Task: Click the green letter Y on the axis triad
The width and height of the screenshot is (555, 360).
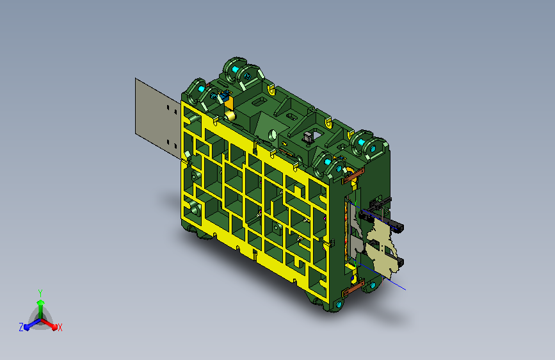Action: [x=40, y=291]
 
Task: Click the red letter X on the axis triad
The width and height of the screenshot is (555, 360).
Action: [x=60, y=327]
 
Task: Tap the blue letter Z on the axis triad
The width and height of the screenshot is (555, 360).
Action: [x=21, y=327]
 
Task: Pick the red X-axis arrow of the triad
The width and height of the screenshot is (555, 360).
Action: [x=51, y=323]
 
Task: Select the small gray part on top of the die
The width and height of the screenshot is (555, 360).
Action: [x=307, y=136]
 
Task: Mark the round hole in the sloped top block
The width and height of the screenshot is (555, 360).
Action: [x=272, y=135]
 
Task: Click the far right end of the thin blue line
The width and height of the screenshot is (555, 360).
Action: [x=405, y=288]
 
